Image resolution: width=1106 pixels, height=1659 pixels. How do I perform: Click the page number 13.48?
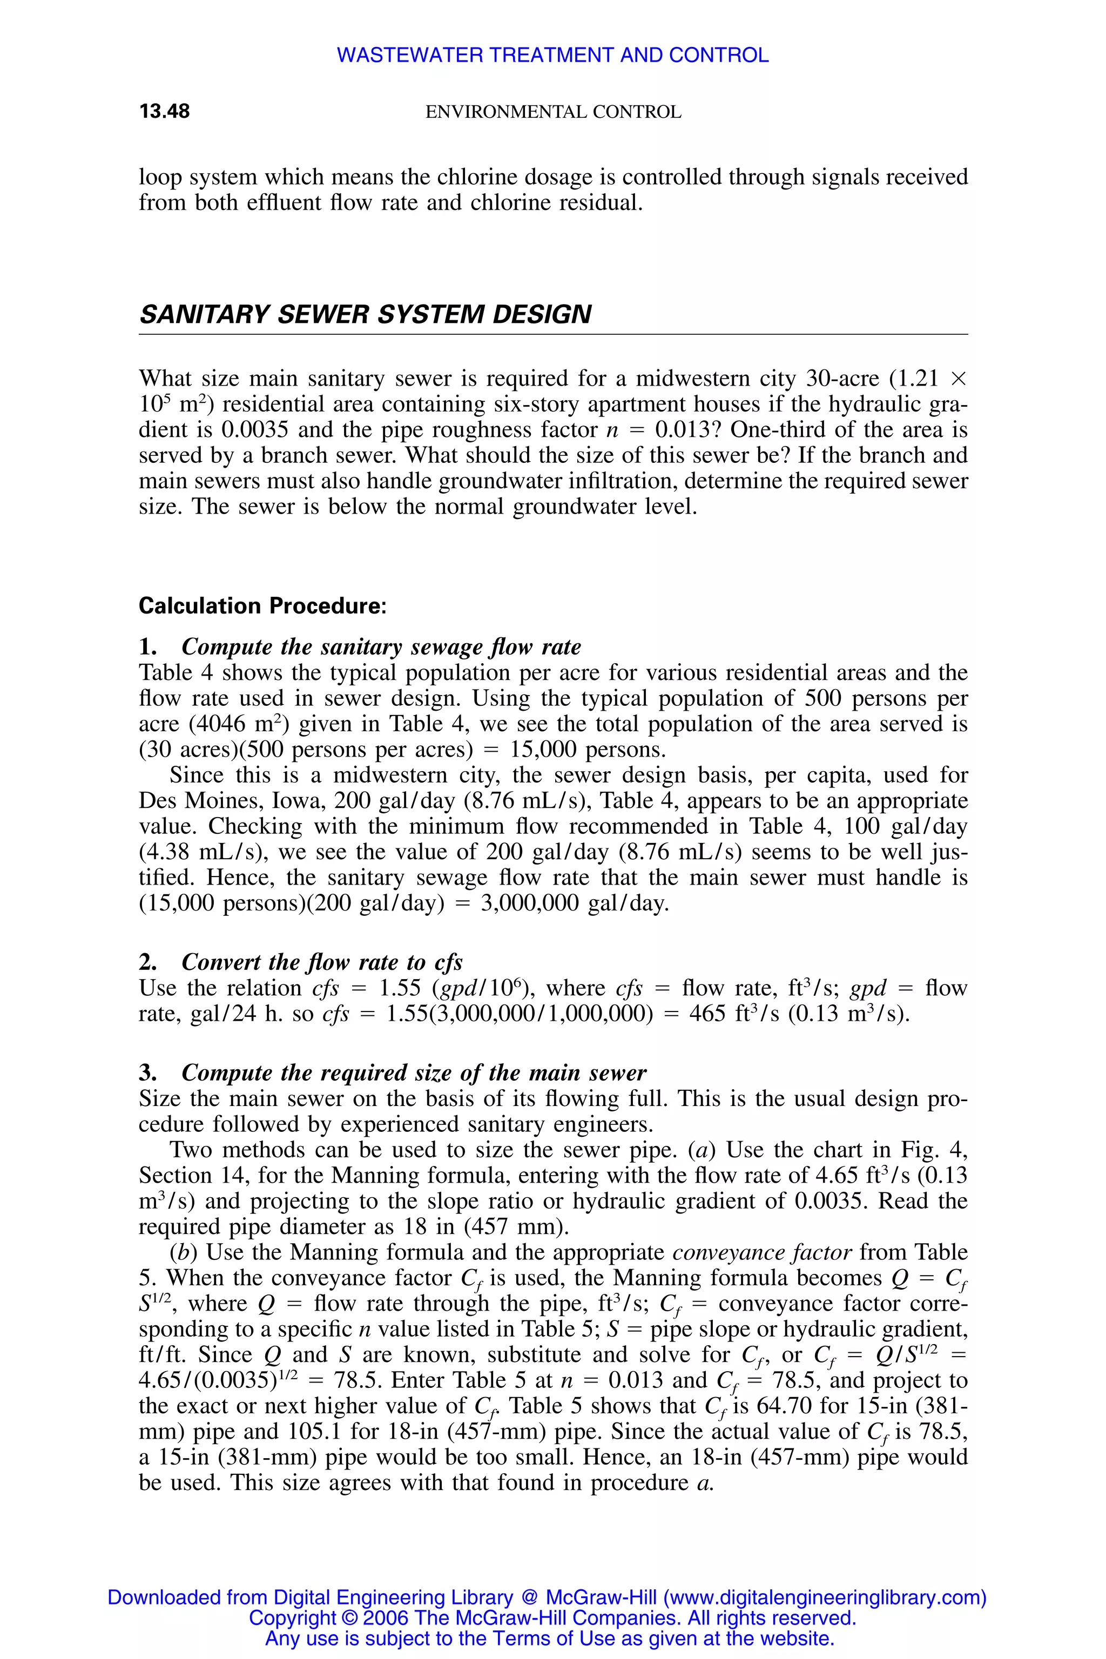click(164, 111)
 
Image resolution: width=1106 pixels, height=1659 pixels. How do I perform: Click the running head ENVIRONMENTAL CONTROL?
click(553, 112)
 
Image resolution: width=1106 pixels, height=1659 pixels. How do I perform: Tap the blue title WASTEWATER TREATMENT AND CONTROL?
click(552, 55)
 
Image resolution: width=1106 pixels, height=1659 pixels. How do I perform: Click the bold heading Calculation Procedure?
click(262, 606)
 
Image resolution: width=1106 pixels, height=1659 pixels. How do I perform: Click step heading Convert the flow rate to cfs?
click(322, 962)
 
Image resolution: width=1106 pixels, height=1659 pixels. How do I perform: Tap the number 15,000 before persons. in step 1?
click(544, 749)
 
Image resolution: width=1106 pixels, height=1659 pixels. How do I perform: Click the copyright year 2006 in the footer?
click(387, 1618)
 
